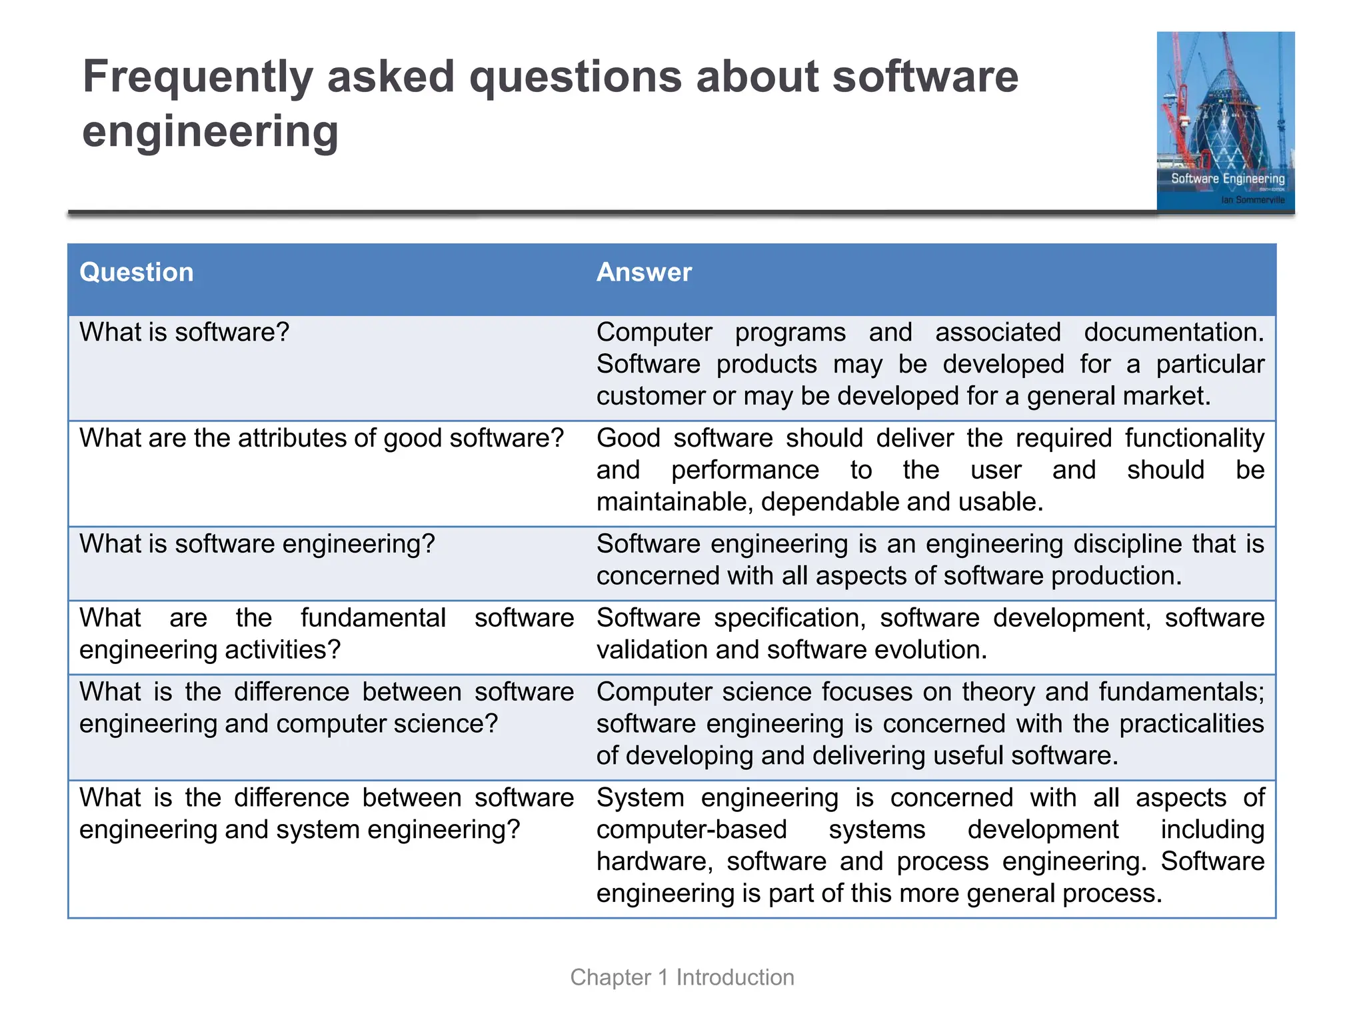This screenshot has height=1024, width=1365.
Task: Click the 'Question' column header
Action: pyautogui.click(x=137, y=273)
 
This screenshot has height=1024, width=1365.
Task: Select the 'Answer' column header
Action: pyautogui.click(x=644, y=273)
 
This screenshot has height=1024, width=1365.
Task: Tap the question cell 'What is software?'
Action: pyautogui.click(x=184, y=332)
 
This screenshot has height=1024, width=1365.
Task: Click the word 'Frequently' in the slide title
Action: pyautogui.click(x=197, y=77)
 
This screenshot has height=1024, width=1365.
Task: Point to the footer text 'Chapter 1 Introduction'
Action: pyautogui.click(x=682, y=977)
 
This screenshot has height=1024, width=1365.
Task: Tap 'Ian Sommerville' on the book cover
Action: pyautogui.click(x=1252, y=200)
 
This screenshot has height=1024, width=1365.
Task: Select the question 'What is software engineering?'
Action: pyautogui.click(x=257, y=544)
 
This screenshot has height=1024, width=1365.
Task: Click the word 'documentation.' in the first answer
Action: pyautogui.click(x=1174, y=332)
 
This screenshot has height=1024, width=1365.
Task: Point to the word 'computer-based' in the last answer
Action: pyautogui.click(x=691, y=830)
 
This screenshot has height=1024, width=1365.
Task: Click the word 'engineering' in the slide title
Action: pyautogui.click(x=210, y=132)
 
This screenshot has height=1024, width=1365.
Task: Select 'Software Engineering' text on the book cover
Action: pyautogui.click(x=1228, y=179)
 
